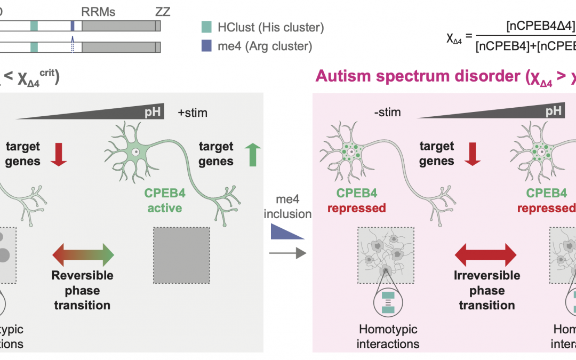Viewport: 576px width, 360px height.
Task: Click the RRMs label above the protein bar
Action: [x=99, y=11]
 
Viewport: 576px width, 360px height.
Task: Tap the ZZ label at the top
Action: [x=162, y=11]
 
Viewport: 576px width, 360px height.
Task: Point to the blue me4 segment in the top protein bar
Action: [x=73, y=26]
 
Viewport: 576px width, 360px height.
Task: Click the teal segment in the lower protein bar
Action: [x=34, y=47]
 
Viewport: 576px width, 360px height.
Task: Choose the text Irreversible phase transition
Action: [x=487, y=291]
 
